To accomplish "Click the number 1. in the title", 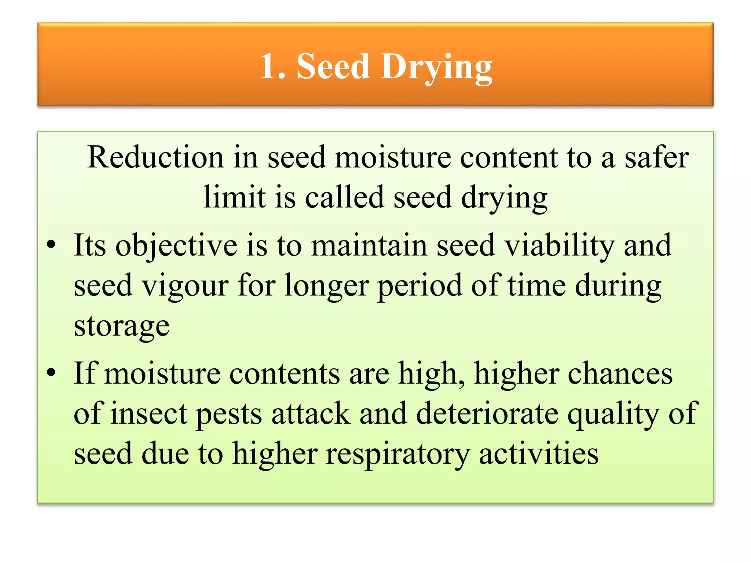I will [x=272, y=66].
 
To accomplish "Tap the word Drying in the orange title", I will [x=436, y=68].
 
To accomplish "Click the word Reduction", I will [x=155, y=158].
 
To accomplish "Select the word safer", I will [x=656, y=158].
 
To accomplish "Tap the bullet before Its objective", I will [x=51, y=244].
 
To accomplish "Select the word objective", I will [x=176, y=246].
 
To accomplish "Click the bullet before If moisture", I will [x=51, y=372].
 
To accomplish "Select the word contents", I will [x=285, y=374].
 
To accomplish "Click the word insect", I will [x=149, y=414].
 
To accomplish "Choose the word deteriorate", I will [x=487, y=414].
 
